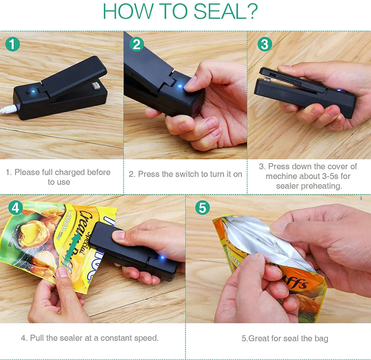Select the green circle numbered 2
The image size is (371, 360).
tap(137, 44)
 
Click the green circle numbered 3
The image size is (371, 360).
tap(265, 44)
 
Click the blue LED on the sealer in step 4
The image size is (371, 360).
tap(161, 257)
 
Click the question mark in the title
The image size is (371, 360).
tap(252, 11)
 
